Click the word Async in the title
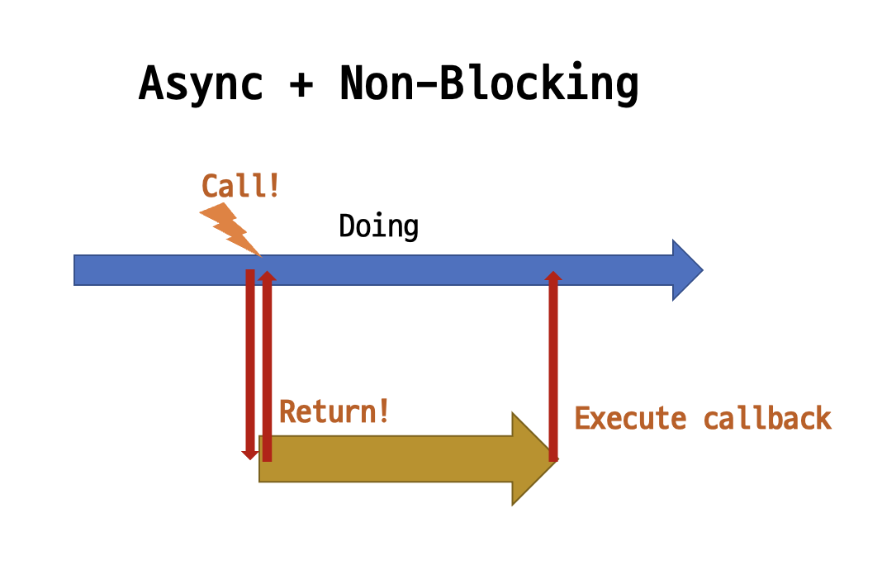201,83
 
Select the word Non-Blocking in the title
489,83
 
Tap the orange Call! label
240,186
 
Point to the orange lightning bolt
230,228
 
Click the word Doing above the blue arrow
378,226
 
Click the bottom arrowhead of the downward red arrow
249,454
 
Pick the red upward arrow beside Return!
266,364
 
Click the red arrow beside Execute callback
553,364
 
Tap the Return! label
334,411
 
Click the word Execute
630,418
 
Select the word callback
767,418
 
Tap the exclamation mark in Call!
273,186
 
